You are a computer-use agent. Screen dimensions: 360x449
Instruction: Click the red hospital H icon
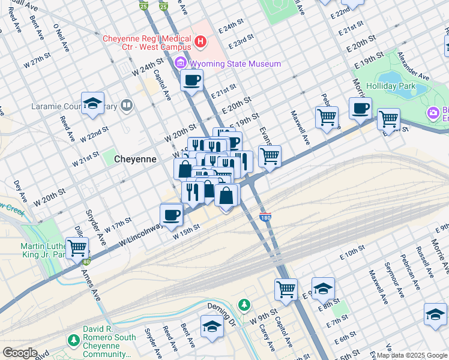pos(200,42)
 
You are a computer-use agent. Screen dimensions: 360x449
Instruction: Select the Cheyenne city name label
pos(136,160)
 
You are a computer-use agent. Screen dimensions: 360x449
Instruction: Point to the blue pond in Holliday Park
pos(393,79)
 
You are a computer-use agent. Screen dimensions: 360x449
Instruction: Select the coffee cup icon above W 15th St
pos(171,215)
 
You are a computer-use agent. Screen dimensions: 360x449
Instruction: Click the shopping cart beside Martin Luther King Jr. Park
pos(77,247)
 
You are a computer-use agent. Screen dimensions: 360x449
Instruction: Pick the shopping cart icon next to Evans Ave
pos(270,157)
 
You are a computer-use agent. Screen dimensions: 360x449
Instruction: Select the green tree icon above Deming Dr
pos(244,305)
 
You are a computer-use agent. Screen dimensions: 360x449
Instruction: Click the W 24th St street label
pos(148,66)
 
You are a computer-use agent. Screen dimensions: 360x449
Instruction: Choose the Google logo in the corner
pos(20,353)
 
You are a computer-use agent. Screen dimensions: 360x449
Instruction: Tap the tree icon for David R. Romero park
pos(73,341)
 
